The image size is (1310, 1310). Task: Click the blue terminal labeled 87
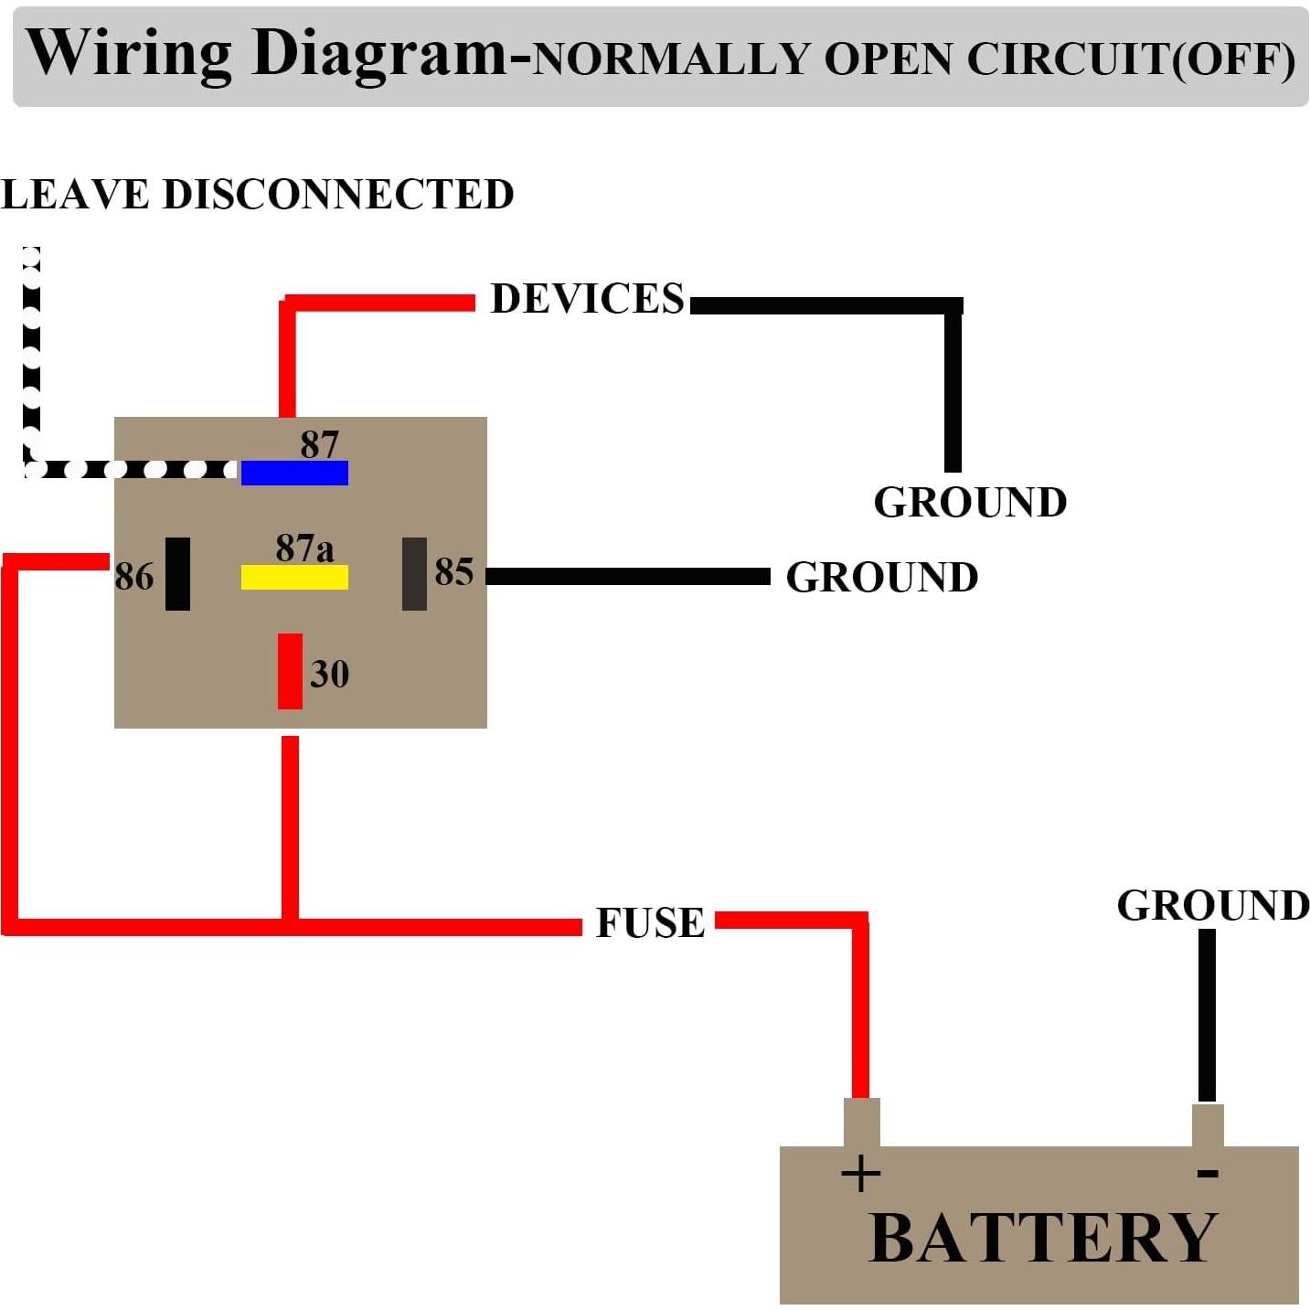tap(294, 473)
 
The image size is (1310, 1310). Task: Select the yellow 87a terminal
tap(294, 577)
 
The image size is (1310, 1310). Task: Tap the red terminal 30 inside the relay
tap(290, 671)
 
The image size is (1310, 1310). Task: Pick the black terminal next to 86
tap(177, 573)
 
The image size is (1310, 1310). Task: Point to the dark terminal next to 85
tap(414, 573)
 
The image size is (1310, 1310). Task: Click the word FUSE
tap(650, 922)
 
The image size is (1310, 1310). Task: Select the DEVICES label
tap(587, 298)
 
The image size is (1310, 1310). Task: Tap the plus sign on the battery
tap(860, 1173)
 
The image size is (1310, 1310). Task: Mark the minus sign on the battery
tap(1208, 1172)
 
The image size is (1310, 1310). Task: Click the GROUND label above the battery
tap(1213, 905)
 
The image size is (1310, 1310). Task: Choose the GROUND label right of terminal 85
tap(882, 577)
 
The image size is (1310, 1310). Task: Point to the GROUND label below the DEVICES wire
tap(970, 502)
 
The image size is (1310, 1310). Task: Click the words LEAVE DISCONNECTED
tap(257, 194)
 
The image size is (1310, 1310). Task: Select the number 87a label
tap(304, 548)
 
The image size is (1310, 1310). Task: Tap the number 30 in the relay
tap(329, 674)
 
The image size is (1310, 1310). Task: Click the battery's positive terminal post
tap(861, 1122)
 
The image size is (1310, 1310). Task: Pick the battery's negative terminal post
tap(1208, 1125)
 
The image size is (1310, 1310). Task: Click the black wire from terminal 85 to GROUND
tap(627, 576)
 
